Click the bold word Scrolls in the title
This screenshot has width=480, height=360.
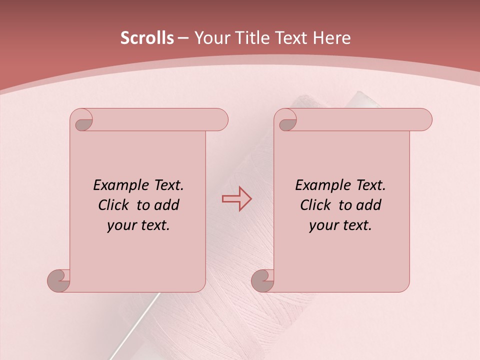(147, 38)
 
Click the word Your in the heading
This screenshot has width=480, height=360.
(210, 38)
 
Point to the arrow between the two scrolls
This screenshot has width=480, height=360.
(236, 199)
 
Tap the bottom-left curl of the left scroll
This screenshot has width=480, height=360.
(59, 280)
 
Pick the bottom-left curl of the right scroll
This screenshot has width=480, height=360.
(262, 280)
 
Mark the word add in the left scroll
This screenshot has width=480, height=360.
(166, 205)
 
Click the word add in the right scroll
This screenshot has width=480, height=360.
(368, 205)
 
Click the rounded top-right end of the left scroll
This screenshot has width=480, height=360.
(221, 120)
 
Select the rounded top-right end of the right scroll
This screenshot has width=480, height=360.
(425, 120)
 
